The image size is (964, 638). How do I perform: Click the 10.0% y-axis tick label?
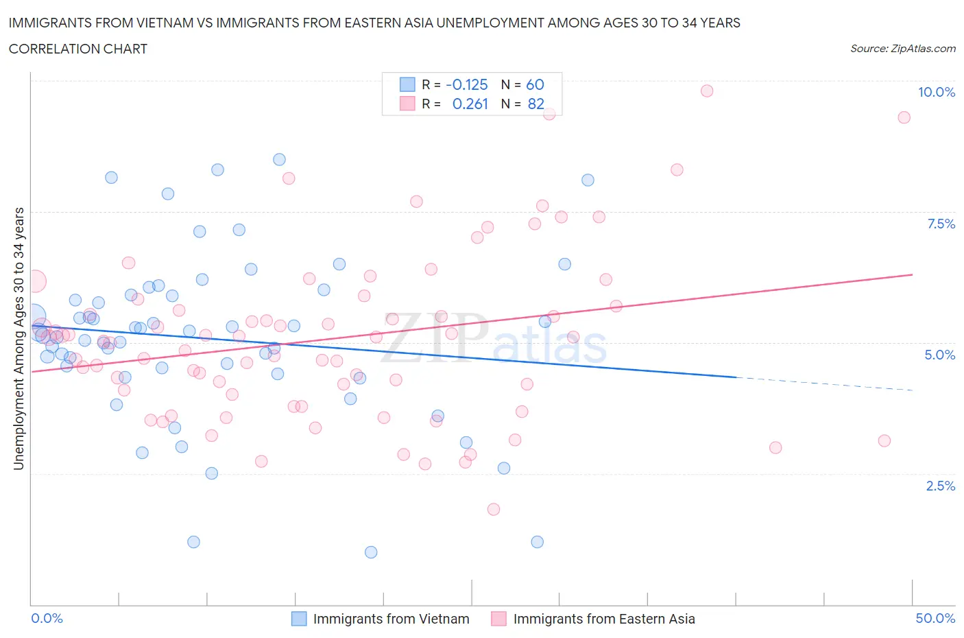point(936,92)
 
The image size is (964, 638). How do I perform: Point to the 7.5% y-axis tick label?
point(940,224)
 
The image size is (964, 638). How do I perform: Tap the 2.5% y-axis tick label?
point(940,486)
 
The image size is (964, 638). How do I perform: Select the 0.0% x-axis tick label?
point(47,618)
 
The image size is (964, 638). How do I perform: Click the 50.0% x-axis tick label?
point(935,618)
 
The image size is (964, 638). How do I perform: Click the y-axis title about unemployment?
point(19,339)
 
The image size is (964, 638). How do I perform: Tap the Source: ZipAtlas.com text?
point(902,49)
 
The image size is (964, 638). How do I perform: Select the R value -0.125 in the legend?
point(466,84)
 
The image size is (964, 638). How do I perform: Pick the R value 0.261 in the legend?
point(470,104)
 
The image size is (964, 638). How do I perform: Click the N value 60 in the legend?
point(535,84)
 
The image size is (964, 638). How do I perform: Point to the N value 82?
point(535,104)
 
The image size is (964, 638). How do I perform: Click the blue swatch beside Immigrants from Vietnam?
point(299,619)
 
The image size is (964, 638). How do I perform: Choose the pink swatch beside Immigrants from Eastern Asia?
point(498,619)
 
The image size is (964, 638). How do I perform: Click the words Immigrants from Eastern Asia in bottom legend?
point(603,619)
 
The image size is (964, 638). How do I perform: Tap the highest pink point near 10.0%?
point(707,91)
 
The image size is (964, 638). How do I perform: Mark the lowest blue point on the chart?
point(371,552)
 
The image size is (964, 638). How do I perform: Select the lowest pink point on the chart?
point(494,509)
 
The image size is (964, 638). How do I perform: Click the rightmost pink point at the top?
point(904,117)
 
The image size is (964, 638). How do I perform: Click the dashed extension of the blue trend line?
point(823,383)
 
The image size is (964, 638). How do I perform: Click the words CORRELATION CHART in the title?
point(78,49)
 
